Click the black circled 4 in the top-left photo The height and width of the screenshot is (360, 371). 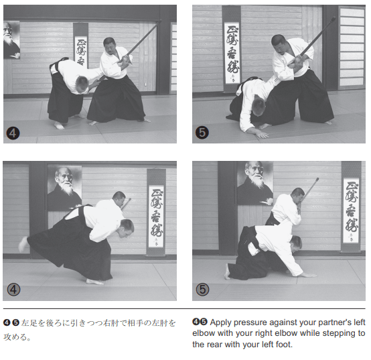tap(13, 133)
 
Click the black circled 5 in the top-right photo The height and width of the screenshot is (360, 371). tap(202, 133)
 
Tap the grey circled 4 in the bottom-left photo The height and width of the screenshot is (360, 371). tap(13, 290)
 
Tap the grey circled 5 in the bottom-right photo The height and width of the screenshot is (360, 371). tap(203, 290)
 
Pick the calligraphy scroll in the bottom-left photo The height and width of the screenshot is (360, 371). tap(155, 213)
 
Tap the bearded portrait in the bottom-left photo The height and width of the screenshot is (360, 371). tap(65, 188)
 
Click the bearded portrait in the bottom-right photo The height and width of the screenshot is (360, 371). tap(255, 183)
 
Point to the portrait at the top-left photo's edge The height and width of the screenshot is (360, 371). tap(11, 40)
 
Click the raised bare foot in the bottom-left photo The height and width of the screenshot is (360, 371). tap(23, 244)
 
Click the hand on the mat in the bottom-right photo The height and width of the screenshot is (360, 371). tap(308, 275)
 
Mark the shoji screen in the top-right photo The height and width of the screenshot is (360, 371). tap(352, 48)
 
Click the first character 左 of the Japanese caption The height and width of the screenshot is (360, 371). tap(25, 323)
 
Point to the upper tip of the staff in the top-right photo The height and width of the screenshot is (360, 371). tap(334, 18)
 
